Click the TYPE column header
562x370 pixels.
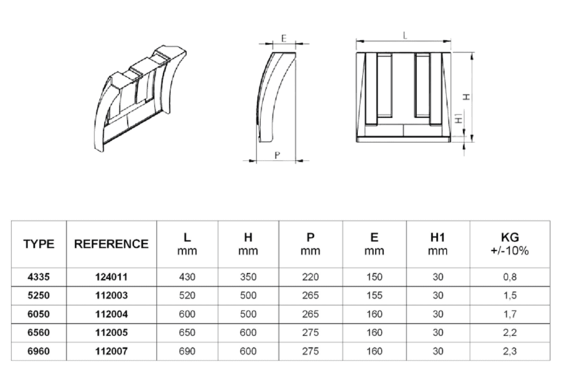click(x=39, y=244)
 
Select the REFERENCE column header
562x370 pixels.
click(x=111, y=244)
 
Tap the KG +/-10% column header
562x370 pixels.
click(x=509, y=244)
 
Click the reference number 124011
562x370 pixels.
click(x=111, y=277)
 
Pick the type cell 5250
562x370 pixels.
click(x=39, y=296)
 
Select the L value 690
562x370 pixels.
click(x=187, y=351)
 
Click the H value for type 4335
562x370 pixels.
click(x=248, y=277)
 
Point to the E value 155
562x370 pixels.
click(x=374, y=296)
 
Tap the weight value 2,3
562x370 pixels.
click(x=509, y=351)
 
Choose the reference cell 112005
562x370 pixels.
click(x=111, y=332)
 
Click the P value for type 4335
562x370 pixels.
click(x=310, y=277)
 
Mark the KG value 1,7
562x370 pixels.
click(x=509, y=314)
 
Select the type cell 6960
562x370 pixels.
click(x=39, y=351)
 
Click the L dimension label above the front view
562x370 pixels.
click(x=405, y=35)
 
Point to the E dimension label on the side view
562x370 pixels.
click(x=284, y=38)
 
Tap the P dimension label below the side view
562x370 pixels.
click(x=277, y=155)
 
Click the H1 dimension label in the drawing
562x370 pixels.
click(x=458, y=118)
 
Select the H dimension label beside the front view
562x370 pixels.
click(x=467, y=97)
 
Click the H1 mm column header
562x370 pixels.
click(x=437, y=244)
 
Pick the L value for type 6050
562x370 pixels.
click(x=187, y=314)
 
